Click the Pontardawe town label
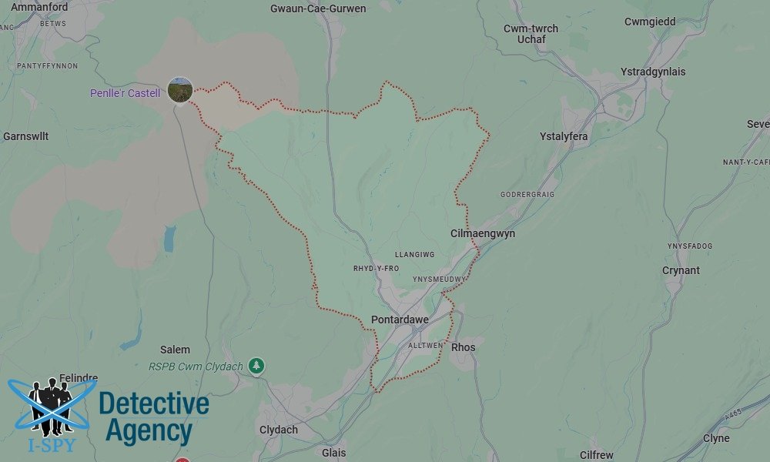[x=399, y=320]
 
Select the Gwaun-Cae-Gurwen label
[x=318, y=8]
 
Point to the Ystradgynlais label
[x=652, y=72]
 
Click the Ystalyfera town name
[x=564, y=136]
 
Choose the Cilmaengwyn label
[x=483, y=233]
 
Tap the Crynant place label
[x=681, y=270]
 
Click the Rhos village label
[x=463, y=347]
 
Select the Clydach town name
[x=279, y=430]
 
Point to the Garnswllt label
[x=26, y=136]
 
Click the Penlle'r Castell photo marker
[x=180, y=90]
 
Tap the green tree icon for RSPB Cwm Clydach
[x=257, y=367]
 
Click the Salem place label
[x=175, y=350]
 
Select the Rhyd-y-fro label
[x=376, y=268]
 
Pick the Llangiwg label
[x=414, y=254]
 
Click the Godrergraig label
[x=527, y=195]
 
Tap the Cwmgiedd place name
[x=650, y=22]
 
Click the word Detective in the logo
[x=154, y=404]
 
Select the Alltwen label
[x=425, y=346]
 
